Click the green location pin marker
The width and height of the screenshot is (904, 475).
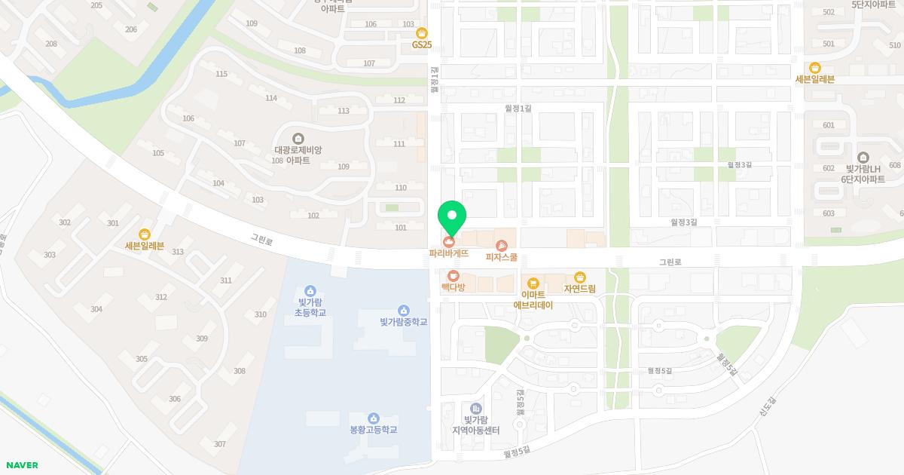(452, 216)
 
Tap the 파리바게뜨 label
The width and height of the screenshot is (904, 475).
(449, 254)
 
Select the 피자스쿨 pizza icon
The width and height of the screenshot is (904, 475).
(502, 245)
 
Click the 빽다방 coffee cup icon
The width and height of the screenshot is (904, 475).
(454, 275)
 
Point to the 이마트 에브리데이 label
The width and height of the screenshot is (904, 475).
(533, 300)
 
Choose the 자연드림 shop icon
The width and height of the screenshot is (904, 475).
(580, 277)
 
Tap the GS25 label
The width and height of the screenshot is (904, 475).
(422, 44)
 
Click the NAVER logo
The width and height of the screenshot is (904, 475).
(22, 465)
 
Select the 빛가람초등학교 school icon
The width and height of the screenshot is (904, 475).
(310, 291)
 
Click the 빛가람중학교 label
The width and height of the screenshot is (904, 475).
(403, 322)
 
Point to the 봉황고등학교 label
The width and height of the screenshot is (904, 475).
(374, 430)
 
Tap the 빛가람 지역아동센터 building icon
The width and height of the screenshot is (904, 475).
(476, 409)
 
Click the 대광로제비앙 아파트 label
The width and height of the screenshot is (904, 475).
(298, 155)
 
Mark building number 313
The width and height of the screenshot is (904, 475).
(178, 251)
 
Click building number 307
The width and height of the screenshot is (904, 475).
(220, 444)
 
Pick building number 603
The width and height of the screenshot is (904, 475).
(829, 213)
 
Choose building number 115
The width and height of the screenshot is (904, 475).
(221, 74)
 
